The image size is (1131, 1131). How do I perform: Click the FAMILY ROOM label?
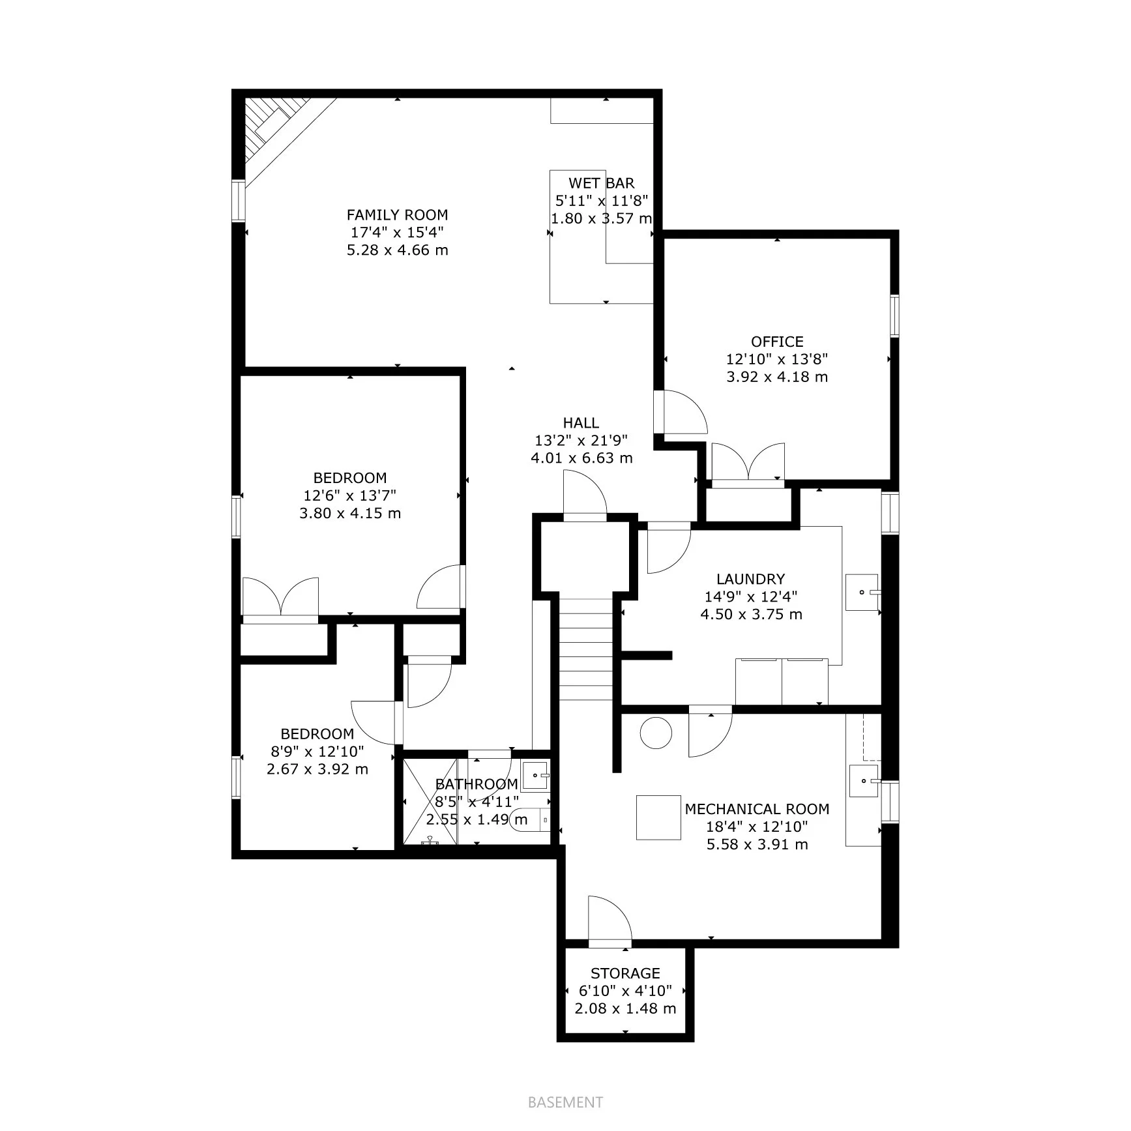point(397,215)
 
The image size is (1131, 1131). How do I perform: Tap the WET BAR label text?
point(601,183)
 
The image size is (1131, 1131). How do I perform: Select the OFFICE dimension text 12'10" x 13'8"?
point(777,359)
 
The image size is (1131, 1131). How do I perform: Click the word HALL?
point(581,423)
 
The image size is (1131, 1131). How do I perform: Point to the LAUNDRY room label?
point(750,579)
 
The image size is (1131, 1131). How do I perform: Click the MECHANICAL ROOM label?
point(757,809)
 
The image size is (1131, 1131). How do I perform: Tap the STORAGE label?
point(625,973)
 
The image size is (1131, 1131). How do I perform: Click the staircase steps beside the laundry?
point(586,649)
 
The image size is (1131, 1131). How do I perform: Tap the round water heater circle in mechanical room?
point(656,733)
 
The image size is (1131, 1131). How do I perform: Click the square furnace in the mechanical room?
point(658,817)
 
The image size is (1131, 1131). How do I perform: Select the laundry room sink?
point(862,592)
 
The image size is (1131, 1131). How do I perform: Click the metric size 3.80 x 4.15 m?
point(350,514)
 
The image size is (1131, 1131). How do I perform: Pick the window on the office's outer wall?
point(894,316)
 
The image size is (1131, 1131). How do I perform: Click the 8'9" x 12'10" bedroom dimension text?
point(317,752)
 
